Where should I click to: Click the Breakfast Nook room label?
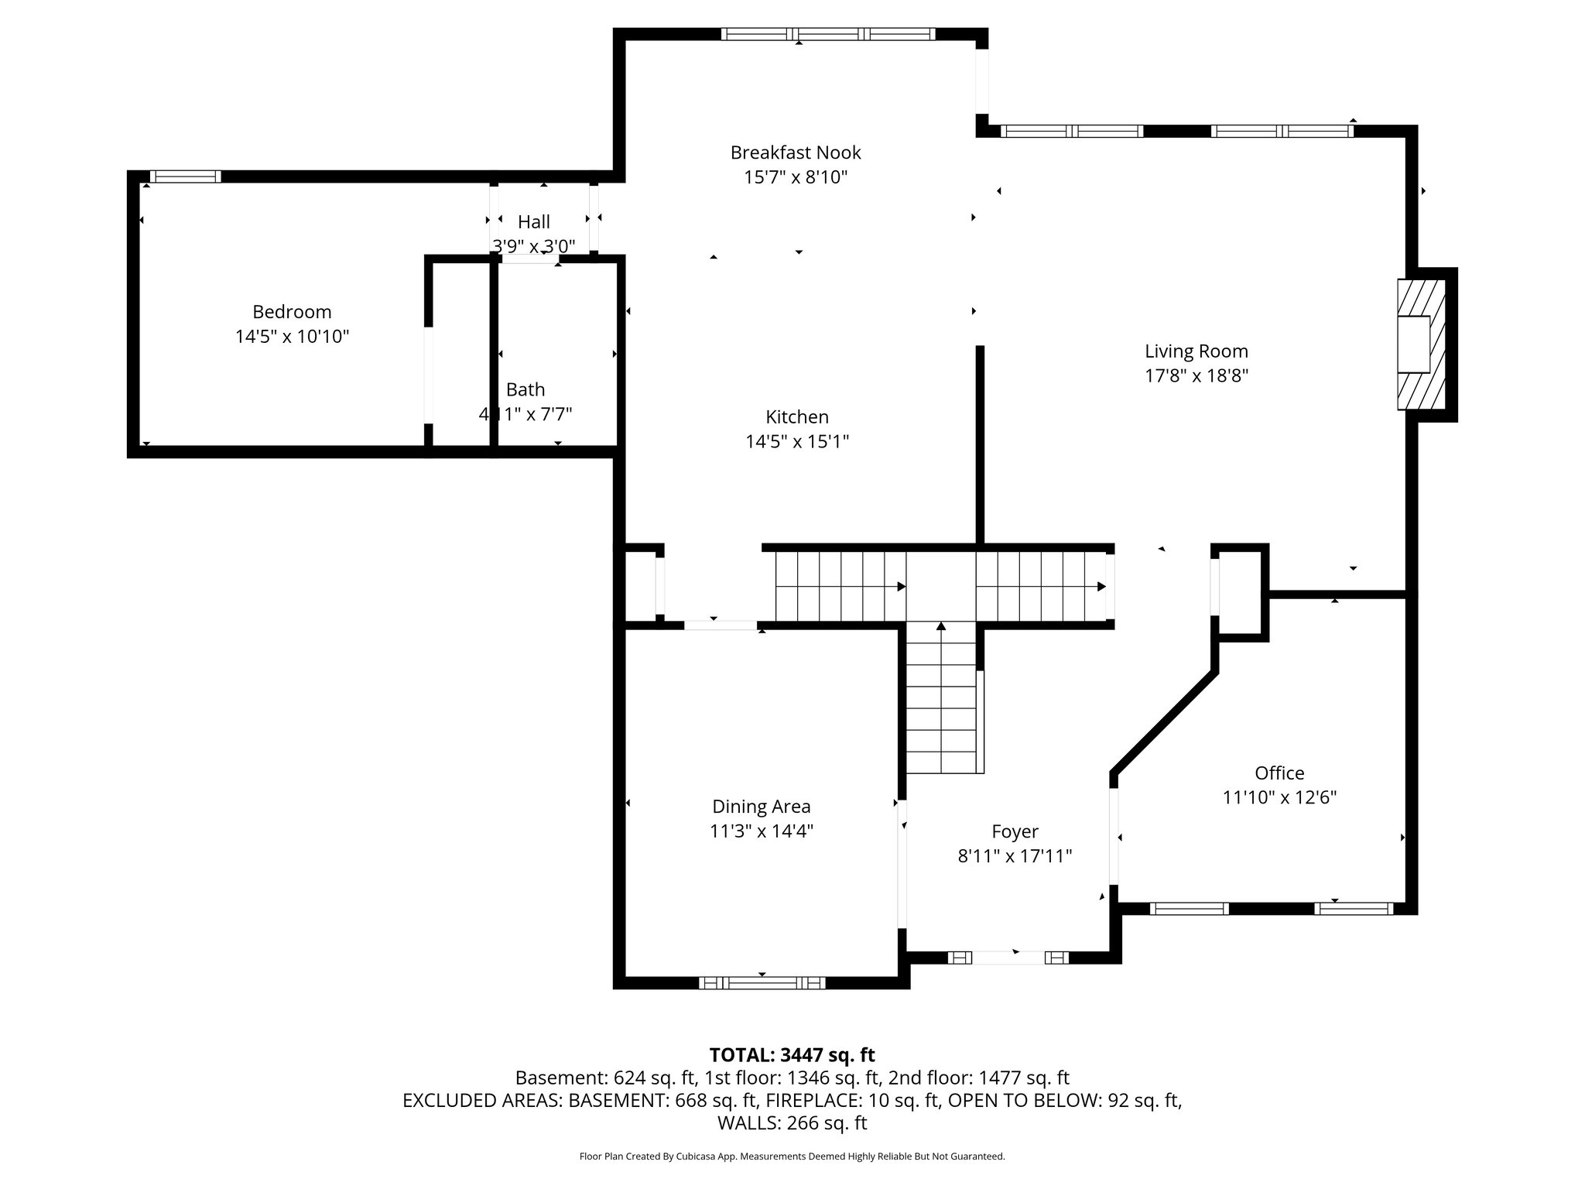796,152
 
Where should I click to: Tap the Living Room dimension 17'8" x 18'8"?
1196,376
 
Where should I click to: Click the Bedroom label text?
292,312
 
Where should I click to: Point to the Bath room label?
525,389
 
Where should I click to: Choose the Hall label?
534,222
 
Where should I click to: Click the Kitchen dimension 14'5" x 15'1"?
797,442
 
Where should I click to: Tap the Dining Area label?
762,807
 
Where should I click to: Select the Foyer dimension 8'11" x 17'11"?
1015,856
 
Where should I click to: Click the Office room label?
1279,773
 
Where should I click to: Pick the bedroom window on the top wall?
185,176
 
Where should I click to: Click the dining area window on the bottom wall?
762,983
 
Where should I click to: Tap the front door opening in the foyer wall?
1008,958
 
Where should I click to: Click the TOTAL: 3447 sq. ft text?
792,1055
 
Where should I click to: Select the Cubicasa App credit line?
792,1156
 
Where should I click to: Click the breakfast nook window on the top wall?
828,34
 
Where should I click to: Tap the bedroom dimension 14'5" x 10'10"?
292,337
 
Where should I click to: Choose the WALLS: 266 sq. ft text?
792,1122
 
